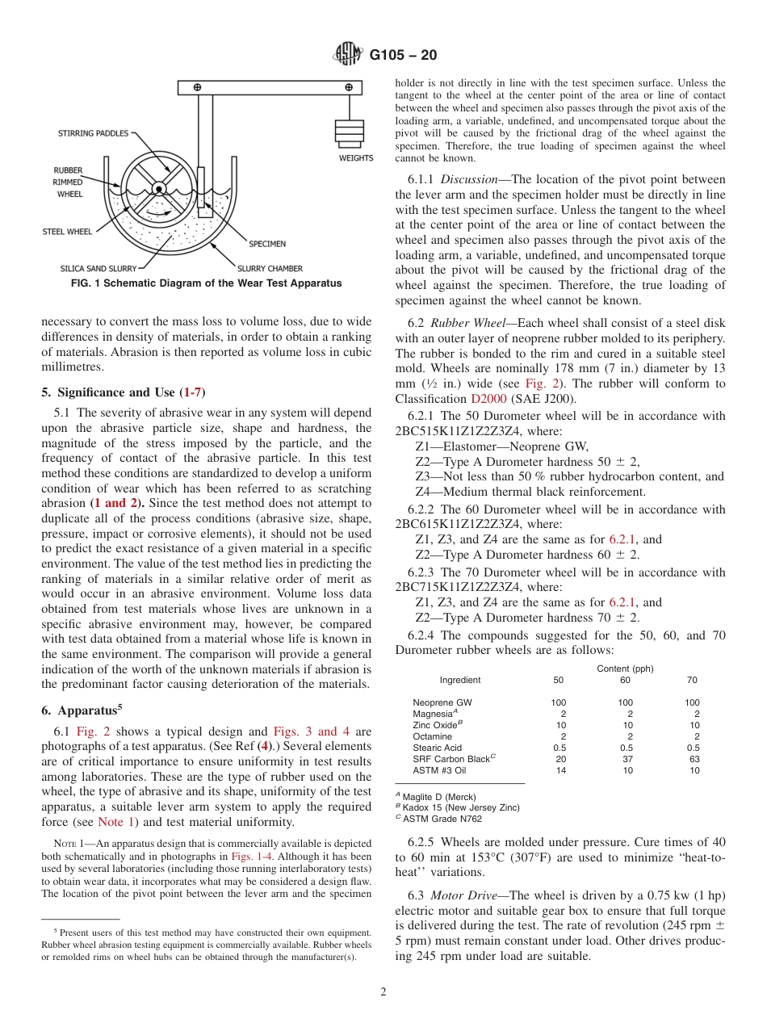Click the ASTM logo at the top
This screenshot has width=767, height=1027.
(x=348, y=55)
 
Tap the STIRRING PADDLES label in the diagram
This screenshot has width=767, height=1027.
(x=93, y=133)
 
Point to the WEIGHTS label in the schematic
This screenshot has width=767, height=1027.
(x=355, y=158)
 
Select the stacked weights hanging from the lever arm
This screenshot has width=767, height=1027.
(x=349, y=132)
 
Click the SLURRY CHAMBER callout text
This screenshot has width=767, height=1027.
(x=270, y=268)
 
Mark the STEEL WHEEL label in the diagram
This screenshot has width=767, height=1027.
(x=67, y=232)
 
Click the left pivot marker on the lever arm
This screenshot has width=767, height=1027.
(x=197, y=87)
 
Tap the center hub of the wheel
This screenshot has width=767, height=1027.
(x=160, y=190)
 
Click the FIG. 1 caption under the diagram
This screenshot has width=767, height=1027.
(x=206, y=283)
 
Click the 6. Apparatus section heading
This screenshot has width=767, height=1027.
(x=81, y=711)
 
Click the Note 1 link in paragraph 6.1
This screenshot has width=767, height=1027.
(x=115, y=822)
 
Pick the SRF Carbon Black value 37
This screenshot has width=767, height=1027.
(x=625, y=759)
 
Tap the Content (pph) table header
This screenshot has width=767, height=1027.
(x=625, y=669)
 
